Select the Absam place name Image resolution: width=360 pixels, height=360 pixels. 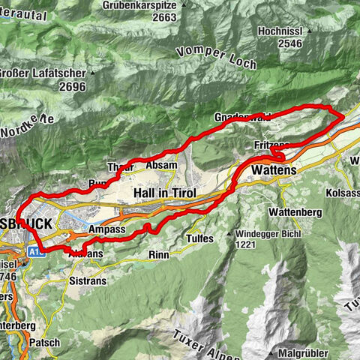(x=161, y=165)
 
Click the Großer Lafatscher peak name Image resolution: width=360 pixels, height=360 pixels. (x=45, y=73)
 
